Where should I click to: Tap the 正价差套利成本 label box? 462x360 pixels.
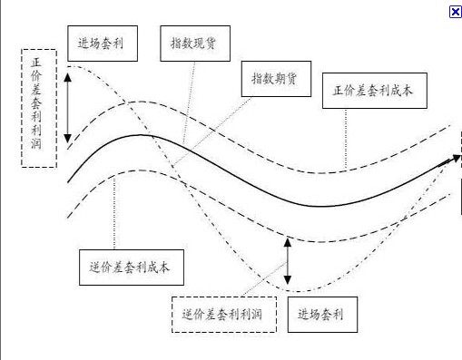tap(373, 90)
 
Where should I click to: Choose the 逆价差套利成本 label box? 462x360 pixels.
tap(132, 267)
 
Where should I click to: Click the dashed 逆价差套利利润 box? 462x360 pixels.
tap(223, 314)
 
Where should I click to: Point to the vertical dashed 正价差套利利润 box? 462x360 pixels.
tap(37, 106)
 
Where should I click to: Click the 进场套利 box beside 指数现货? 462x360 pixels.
tap(102, 43)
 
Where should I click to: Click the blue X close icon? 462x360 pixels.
tap(455, 11)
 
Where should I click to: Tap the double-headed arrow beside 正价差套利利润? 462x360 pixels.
tap(67, 106)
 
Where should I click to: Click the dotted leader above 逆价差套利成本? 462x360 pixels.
tap(115, 209)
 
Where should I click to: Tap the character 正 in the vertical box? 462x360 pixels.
tap(36, 63)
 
